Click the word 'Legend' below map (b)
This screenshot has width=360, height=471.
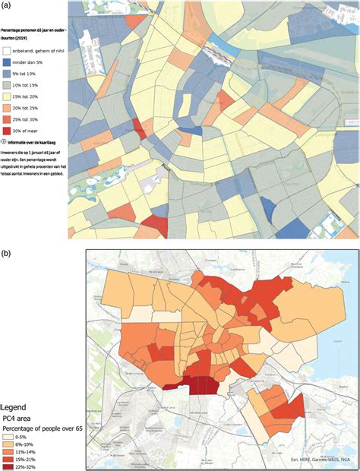coord(14,407)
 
